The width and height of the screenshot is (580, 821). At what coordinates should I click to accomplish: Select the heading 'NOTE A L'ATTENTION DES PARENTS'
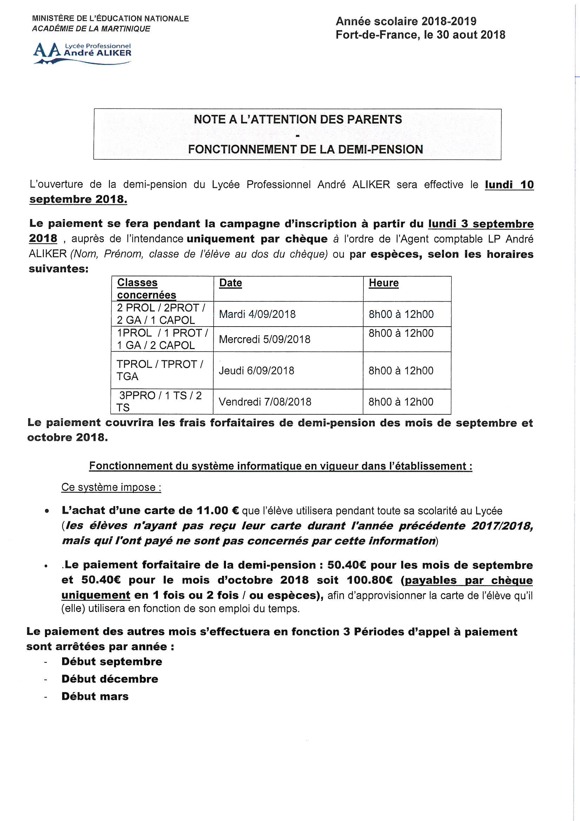click(298, 119)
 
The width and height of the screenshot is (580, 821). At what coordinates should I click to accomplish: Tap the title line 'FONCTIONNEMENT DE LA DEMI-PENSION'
click(306, 149)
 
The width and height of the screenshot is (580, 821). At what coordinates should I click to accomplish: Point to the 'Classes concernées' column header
click(147, 289)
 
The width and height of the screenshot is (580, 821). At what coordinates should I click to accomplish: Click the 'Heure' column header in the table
click(384, 283)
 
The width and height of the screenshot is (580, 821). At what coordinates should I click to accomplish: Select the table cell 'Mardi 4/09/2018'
click(257, 314)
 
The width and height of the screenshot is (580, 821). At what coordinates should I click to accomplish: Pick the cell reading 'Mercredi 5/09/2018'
click(265, 339)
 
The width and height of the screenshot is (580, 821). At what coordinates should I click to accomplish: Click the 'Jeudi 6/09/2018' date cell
click(256, 370)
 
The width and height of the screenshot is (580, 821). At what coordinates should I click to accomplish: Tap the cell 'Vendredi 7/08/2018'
click(265, 402)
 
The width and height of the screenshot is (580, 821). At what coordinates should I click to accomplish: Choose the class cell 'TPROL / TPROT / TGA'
click(160, 370)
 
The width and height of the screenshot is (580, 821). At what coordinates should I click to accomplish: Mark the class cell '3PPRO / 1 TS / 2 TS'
click(160, 402)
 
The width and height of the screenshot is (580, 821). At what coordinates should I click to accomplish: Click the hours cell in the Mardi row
click(401, 314)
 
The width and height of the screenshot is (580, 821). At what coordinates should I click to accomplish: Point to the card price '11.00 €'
click(218, 511)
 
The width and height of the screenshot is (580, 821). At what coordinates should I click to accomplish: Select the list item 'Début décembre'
click(110, 679)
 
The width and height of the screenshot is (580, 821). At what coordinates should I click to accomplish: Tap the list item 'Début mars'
click(95, 696)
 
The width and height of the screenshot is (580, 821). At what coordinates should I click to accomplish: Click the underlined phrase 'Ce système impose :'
click(111, 487)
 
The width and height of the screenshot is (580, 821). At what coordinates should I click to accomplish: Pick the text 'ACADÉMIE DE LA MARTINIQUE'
click(91, 29)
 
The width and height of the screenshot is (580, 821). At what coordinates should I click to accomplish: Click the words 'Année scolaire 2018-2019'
click(406, 21)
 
